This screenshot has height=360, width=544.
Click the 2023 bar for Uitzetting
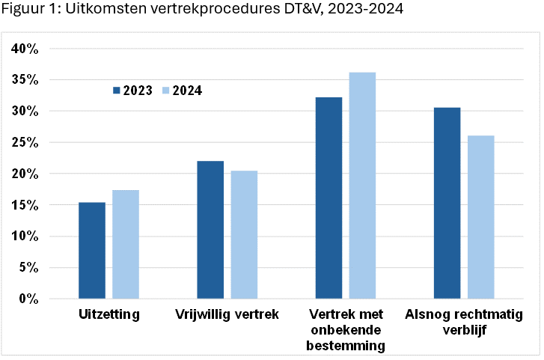tap(92, 251)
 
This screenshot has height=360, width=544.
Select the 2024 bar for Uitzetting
tap(126, 245)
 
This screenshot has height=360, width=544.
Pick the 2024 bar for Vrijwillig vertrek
tap(244, 235)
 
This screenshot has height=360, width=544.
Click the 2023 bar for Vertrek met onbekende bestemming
tap(328, 198)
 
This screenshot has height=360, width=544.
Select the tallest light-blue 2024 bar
tap(362, 186)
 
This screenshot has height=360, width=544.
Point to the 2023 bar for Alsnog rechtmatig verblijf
tap(447, 204)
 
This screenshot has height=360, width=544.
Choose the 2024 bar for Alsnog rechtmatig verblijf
tap(480, 217)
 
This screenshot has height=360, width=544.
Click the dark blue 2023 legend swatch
tap(117, 91)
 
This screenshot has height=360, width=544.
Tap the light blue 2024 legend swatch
tap(165, 91)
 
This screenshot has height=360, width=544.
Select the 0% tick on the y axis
tap(29, 299)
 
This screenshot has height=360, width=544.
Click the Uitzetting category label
tap(109, 314)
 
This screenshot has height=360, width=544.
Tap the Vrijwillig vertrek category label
tap(227, 314)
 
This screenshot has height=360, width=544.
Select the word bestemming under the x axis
tap(345, 346)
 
